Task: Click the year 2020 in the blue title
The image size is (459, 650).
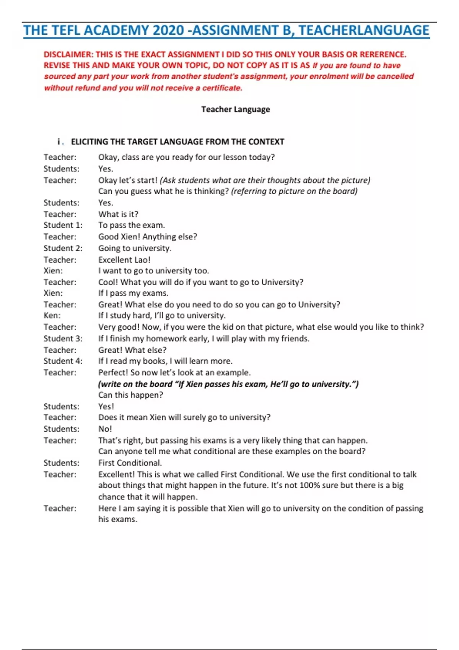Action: (x=168, y=31)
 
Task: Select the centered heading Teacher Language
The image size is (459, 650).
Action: (x=236, y=109)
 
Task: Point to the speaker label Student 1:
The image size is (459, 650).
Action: (x=63, y=225)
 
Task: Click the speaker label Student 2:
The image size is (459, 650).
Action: (x=63, y=248)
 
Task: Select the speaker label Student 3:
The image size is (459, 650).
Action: (x=63, y=338)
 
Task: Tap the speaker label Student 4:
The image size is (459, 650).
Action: (x=63, y=361)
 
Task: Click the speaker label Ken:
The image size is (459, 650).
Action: (x=52, y=315)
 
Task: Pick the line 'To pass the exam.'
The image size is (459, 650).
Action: (x=132, y=225)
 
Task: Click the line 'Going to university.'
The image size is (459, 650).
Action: (x=135, y=248)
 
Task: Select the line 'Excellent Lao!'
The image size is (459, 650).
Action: (x=124, y=260)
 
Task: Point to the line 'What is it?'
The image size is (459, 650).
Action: (x=118, y=214)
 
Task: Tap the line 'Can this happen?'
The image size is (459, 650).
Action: (x=130, y=395)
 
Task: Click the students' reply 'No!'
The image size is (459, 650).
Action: (x=105, y=429)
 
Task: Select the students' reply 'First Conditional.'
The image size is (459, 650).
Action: (x=130, y=463)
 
